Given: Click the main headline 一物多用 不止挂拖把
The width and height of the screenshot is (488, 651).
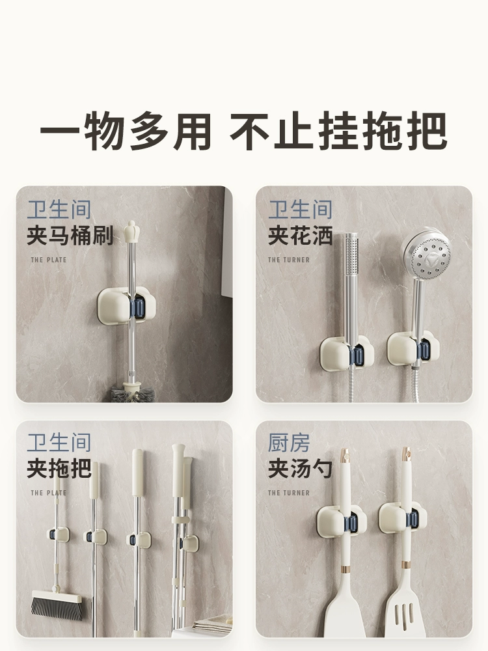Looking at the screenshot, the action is point(243,131).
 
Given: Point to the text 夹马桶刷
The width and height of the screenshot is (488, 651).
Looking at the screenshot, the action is point(70,235).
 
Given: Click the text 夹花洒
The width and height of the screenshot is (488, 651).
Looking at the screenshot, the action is point(300,235).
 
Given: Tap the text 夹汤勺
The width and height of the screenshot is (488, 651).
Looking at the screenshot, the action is point(300,468).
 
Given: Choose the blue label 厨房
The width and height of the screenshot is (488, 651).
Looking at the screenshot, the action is point(289,442).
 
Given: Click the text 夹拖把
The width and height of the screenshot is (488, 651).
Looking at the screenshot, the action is point(59,468).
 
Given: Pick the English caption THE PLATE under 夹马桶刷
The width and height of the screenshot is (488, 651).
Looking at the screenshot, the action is point(49,260).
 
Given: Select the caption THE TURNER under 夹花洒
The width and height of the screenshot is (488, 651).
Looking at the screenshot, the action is point(289,260).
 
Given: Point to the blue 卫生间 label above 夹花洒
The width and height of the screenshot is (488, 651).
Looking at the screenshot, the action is point(300,209).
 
